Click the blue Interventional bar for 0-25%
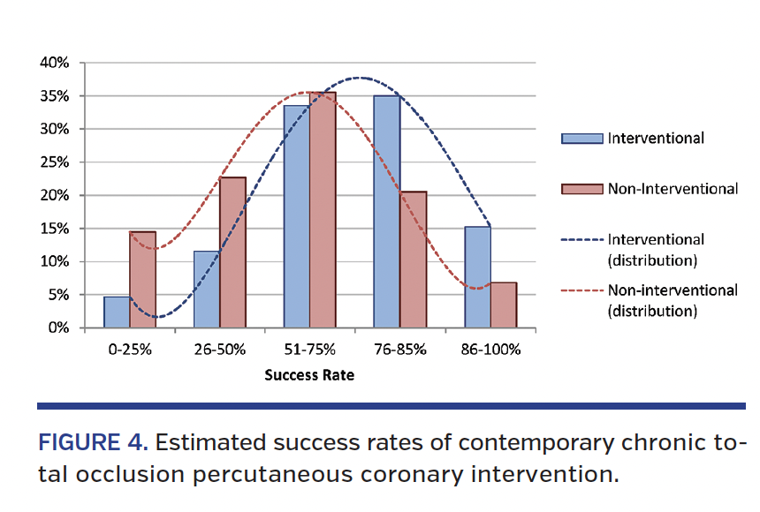[x=117, y=312]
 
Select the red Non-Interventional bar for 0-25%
[x=142, y=280]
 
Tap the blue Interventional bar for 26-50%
[x=207, y=290]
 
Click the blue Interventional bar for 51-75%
[x=297, y=217]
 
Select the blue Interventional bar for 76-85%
[x=387, y=212]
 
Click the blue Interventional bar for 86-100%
[x=477, y=277]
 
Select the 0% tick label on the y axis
[x=57, y=328]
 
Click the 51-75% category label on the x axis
[x=309, y=349]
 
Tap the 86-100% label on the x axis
[x=490, y=349]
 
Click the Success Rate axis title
[x=309, y=376]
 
